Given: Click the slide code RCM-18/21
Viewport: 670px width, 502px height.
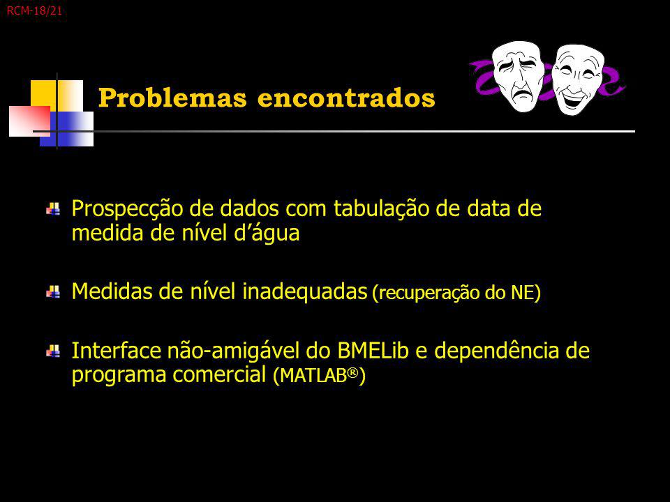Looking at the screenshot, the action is pos(34,10).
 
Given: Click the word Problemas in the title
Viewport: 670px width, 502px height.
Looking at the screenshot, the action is pos(172,98).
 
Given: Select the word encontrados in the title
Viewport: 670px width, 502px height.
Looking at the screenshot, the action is pos(346,98).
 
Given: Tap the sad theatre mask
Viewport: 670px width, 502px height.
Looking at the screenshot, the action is pos(519,77).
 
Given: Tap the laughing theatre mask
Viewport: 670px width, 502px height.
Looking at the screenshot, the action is pos(577,79).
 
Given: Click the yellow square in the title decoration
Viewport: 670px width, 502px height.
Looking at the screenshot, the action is pos(57,96).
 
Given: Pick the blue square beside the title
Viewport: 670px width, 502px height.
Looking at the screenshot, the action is pos(67,129).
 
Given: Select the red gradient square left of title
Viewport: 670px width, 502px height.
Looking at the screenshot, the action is pos(29,121).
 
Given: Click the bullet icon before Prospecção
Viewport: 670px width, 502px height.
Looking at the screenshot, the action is pos(53,208).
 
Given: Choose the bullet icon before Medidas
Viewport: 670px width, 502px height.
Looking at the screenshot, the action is pos(53,292).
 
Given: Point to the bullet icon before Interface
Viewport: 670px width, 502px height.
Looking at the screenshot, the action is pos(53,351).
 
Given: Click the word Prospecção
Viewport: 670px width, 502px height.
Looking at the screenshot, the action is pos(128,210).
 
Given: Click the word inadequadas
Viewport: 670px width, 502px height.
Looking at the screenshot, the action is pos(305,292).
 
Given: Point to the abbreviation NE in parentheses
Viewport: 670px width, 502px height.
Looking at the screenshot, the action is pos(523,293).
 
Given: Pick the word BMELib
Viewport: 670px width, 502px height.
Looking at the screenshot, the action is pos(373,351).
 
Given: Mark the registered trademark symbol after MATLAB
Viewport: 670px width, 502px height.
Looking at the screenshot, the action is pos(352,372).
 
